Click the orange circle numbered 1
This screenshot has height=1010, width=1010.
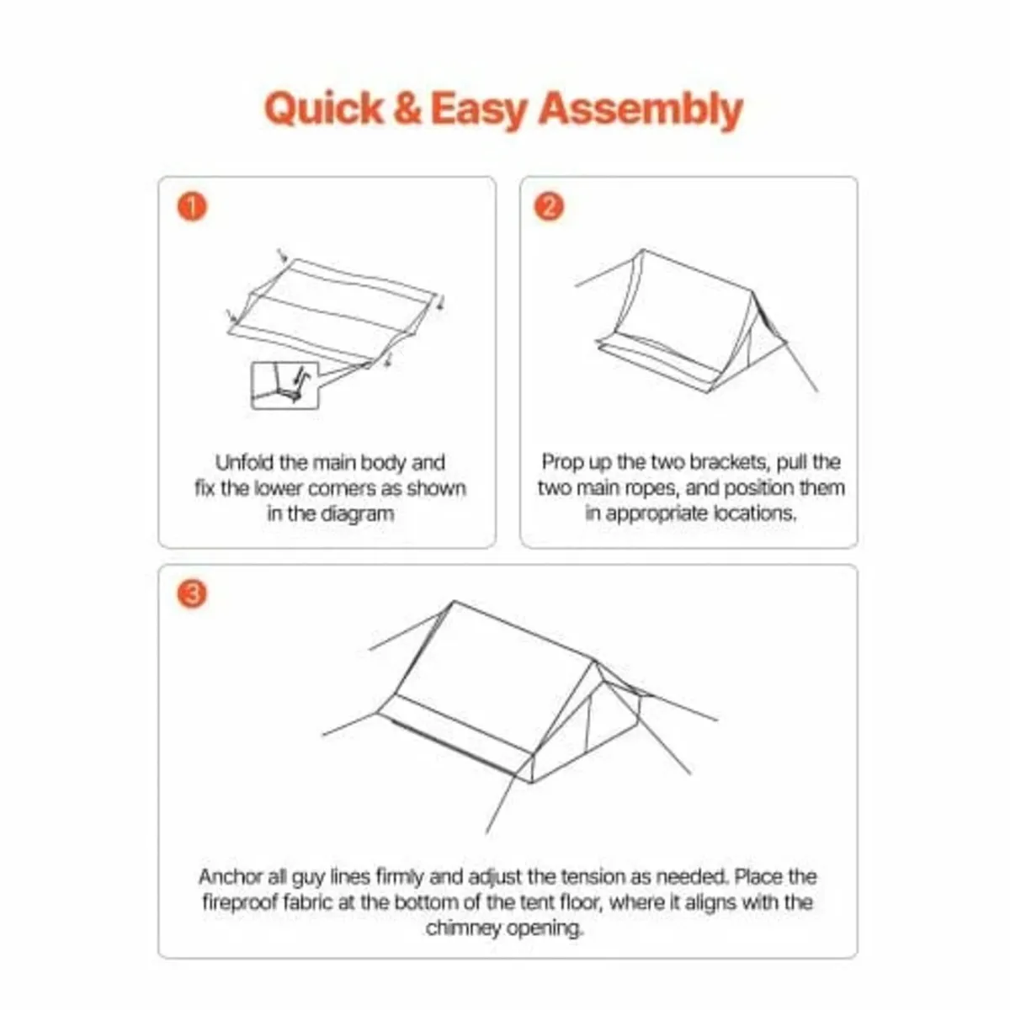click(x=193, y=206)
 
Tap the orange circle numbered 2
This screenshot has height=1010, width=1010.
click(x=550, y=206)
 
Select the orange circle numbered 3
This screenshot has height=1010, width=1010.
click(x=193, y=594)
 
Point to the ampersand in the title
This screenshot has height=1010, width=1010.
click(x=407, y=109)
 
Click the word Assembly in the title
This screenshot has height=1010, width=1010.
click(x=641, y=110)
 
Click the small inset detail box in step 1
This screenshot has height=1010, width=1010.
click(x=285, y=385)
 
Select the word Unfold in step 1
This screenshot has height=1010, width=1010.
click(x=244, y=463)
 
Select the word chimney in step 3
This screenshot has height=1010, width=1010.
click(x=464, y=929)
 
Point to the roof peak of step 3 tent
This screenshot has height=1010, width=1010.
click(x=454, y=603)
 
